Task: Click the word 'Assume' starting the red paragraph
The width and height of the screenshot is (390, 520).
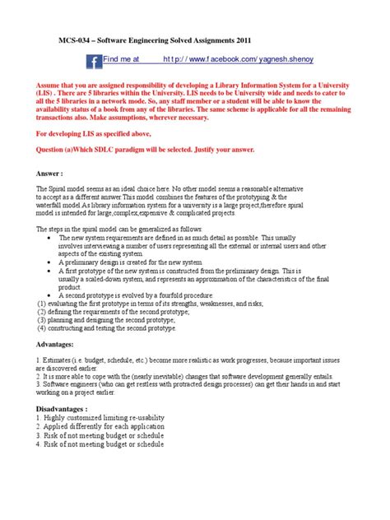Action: [51, 86]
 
